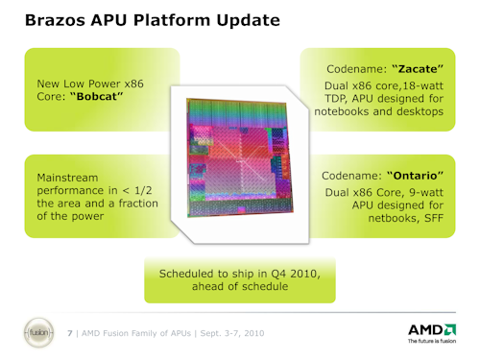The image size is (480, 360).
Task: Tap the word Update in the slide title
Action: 245,19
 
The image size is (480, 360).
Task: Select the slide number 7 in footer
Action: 70,332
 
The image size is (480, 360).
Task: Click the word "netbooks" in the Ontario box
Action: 378,220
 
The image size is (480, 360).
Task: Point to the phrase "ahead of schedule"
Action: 240,288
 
